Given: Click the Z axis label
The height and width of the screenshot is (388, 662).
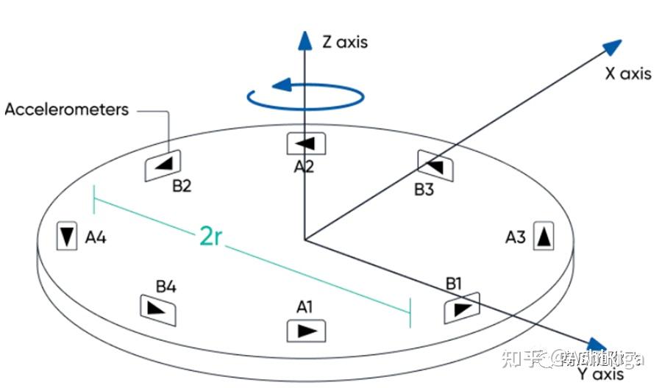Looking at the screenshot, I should (x=344, y=42).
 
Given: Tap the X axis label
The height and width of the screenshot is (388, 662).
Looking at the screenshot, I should (x=627, y=73).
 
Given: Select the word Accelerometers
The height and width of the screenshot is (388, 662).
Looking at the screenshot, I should (x=67, y=110).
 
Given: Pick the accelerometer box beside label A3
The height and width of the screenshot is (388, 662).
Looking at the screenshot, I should (x=542, y=236).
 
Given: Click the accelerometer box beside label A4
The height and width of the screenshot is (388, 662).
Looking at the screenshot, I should (x=67, y=236).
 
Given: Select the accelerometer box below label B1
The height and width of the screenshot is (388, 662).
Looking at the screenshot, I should (x=461, y=307).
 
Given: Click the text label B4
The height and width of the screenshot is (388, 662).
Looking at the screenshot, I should (x=165, y=285).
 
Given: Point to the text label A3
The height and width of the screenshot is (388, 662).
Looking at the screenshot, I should (x=516, y=237).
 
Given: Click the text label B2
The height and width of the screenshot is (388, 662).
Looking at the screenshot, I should (x=182, y=186).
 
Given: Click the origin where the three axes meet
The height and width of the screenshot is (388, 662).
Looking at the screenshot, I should (x=305, y=239).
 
